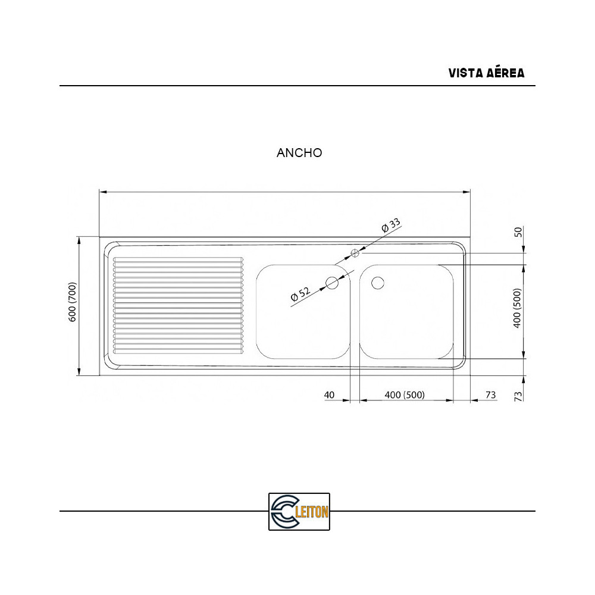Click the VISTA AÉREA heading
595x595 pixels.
click(486, 73)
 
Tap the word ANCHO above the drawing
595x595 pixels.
click(299, 153)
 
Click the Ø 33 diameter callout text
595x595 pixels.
click(392, 226)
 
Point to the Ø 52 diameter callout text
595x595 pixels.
click(300, 294)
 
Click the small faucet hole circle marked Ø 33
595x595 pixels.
click(355, 253)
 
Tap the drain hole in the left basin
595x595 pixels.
click(332, 283)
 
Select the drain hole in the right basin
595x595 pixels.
click(378, 283)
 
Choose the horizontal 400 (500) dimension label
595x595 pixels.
click(405, 395)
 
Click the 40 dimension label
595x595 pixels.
click(330, 395)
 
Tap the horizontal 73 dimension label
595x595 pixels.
click(491, 395)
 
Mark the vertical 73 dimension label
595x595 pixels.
click(518, 395)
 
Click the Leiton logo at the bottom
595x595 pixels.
click(299, 511)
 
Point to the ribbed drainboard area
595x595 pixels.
click(178, 305)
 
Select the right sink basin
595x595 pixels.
click(411, 321)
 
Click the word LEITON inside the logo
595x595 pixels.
click(312, 512)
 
